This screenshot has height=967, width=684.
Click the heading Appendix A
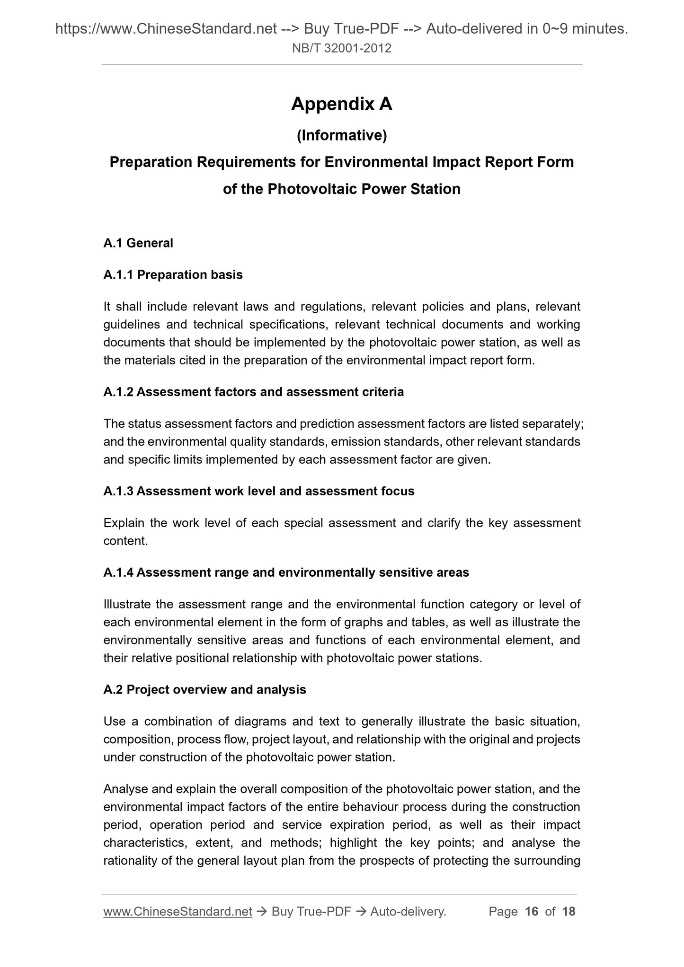click(x=341, y=104)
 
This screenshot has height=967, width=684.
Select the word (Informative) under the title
click(x=341, y=136)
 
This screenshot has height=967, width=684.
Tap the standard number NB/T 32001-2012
click(x=341, y=48)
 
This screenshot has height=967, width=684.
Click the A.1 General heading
click(x=138, y=243)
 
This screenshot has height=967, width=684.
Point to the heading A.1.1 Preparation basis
click(x=173, y=275)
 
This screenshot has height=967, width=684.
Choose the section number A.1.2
click(x=118, y=392)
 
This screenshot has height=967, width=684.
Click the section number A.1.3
click(x=118, y=492)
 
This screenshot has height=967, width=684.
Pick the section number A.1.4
click(x=118, y=573)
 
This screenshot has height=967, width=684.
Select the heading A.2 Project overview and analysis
click(x=204, y=690)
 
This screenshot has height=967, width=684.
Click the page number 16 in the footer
click(x=532, y=912)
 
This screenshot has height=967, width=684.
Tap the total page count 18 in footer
click(x=569, y=912)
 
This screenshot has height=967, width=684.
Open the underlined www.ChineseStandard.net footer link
click(x=178, y=912)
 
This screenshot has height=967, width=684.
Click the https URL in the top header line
click(x=166, y=30)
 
